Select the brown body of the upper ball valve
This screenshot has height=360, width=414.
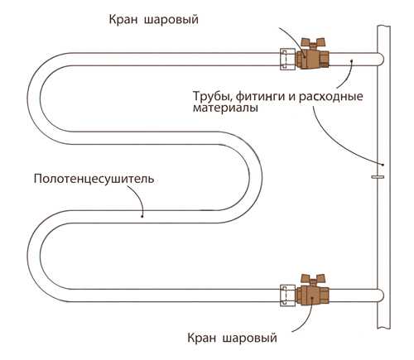pyautogui.click(x=313, y=59)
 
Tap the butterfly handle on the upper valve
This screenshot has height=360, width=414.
pyautogui.click(x=313, y=42)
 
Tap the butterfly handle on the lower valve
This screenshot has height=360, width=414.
pyautogui.click(x=313, y=277)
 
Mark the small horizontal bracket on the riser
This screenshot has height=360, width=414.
pyautogui.click(x=378, y=176)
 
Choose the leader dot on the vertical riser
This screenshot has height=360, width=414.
pyautogui.click(x=383, y=162)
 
